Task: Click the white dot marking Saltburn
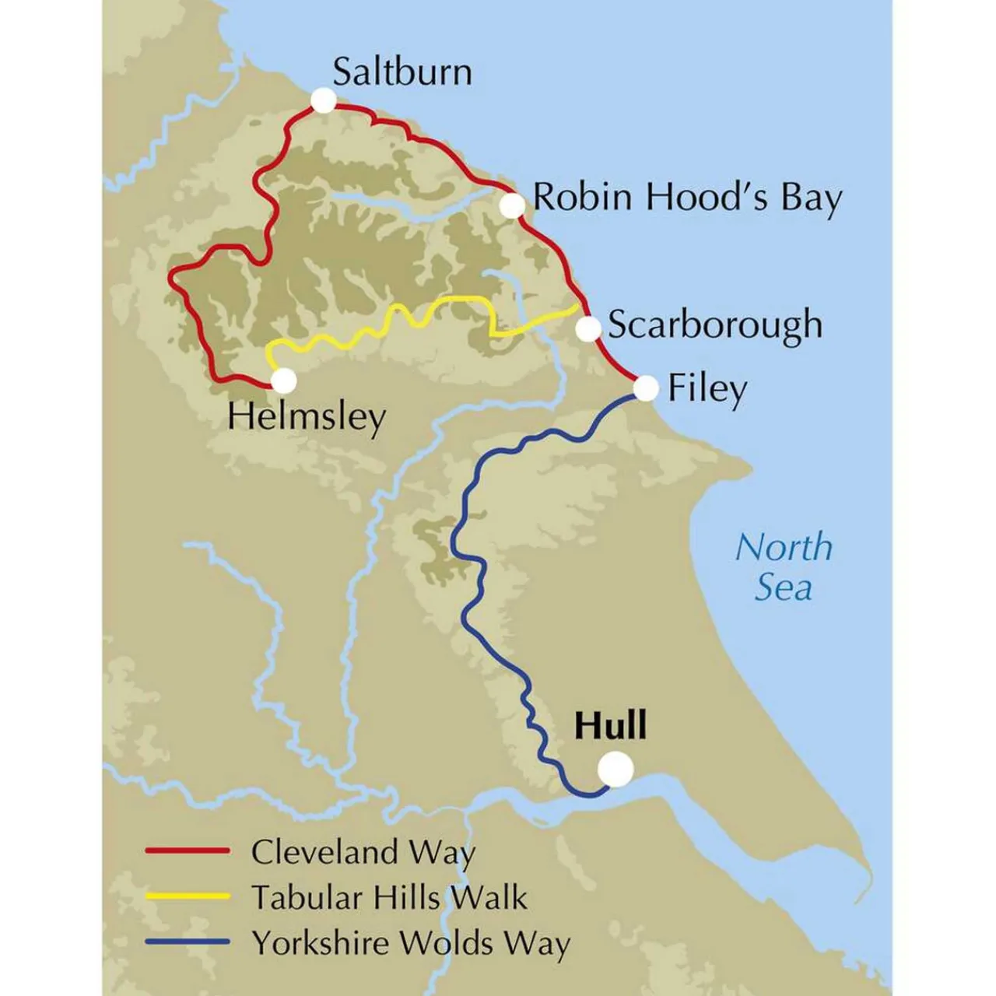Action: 323,100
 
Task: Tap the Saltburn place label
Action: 402,72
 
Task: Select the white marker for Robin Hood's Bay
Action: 512,205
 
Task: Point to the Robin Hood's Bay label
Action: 686,198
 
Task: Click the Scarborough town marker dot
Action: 589,328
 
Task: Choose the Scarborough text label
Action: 714,325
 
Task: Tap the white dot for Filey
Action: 646,388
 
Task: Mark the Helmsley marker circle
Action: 284,381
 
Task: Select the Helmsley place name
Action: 307,418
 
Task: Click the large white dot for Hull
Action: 615,769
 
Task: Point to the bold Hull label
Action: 611,725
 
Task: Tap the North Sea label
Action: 784,567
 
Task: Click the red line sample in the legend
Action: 188,851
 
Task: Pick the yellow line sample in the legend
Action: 188,896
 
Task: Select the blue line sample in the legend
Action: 188,942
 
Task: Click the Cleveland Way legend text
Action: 363,852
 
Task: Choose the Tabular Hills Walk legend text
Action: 389,897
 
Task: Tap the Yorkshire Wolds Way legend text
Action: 410,943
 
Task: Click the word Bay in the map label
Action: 811,199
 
